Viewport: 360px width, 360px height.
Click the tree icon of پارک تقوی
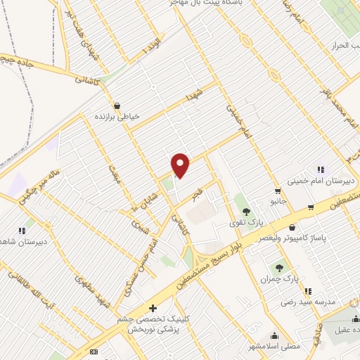[x=246, y=211]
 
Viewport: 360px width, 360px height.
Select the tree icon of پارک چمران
[x=280, y=268]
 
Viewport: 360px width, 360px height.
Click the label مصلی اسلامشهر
[x=279, y=347]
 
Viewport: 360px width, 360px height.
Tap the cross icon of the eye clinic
[x=153, y=308]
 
